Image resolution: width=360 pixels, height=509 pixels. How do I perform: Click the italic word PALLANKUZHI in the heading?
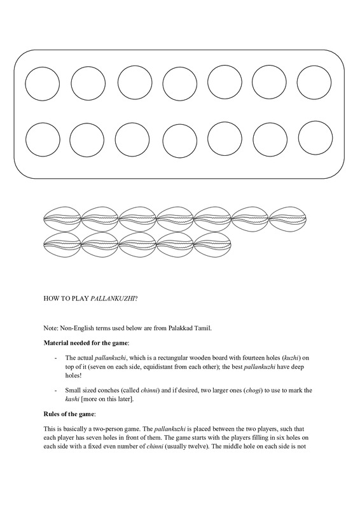point(113,298)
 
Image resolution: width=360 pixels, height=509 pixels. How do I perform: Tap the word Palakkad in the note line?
point(179,328)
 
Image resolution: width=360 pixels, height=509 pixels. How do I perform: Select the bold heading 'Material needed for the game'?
point(86,343)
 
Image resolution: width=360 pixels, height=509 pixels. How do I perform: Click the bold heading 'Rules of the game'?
point(69,414)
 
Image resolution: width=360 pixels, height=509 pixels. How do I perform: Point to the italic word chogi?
point(254,390)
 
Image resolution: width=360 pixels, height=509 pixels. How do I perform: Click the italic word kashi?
point(72,399)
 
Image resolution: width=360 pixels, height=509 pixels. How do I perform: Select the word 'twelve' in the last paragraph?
point(197,446)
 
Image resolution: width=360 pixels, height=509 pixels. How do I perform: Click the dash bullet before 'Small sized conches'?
point(56,391)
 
